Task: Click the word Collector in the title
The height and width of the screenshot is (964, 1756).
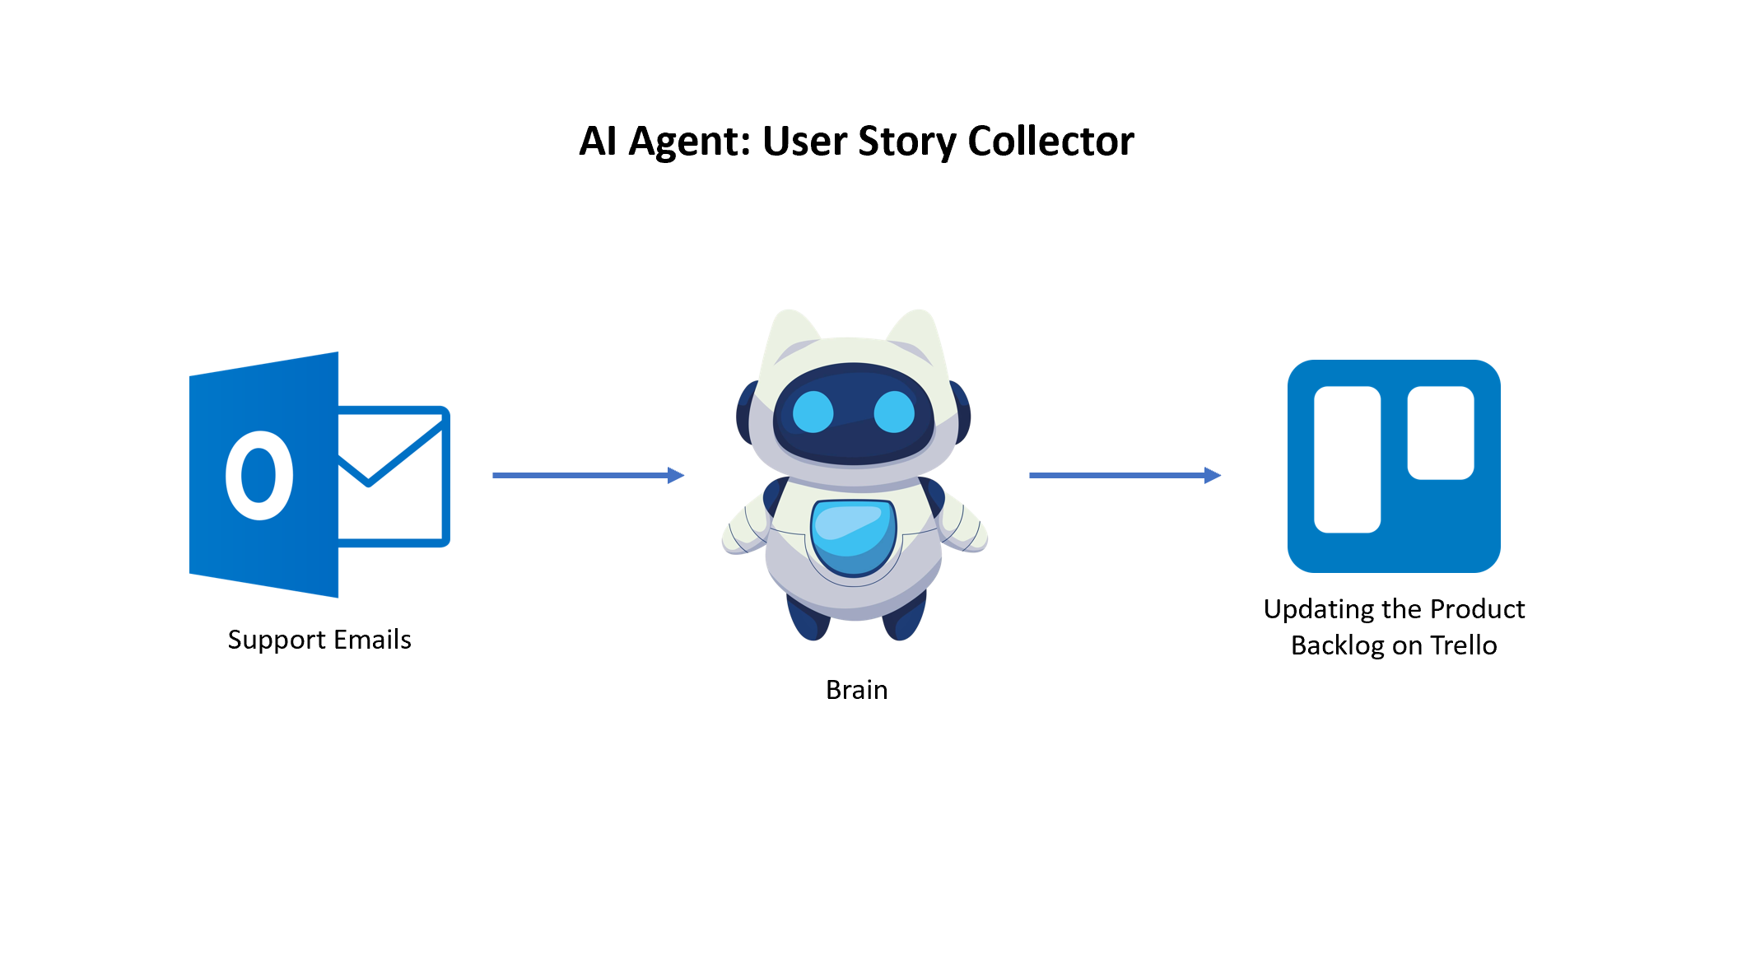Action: [x=1050, y=141]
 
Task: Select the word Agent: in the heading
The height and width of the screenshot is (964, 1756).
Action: [x=690, y=142]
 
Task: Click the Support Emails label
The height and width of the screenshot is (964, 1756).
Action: [x=319, y=640]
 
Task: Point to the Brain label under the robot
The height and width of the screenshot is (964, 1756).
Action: [x=856, y=690]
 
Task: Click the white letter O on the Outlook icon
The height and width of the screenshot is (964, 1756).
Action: [x=259, y=476]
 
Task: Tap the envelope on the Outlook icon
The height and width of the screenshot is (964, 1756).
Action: [x=394, y=476]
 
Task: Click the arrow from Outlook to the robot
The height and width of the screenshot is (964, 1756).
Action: [x=588, y=475]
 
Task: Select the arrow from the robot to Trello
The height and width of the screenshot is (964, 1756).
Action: [x=1125, y=475]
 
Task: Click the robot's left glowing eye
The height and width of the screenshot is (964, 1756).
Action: [x=813, y=412]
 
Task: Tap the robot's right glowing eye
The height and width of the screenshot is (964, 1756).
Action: [x=893, y=412]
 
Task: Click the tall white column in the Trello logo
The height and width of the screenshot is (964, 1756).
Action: [x=1347, y=459]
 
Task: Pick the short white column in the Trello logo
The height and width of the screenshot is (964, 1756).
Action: [x=1440, y=432]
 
